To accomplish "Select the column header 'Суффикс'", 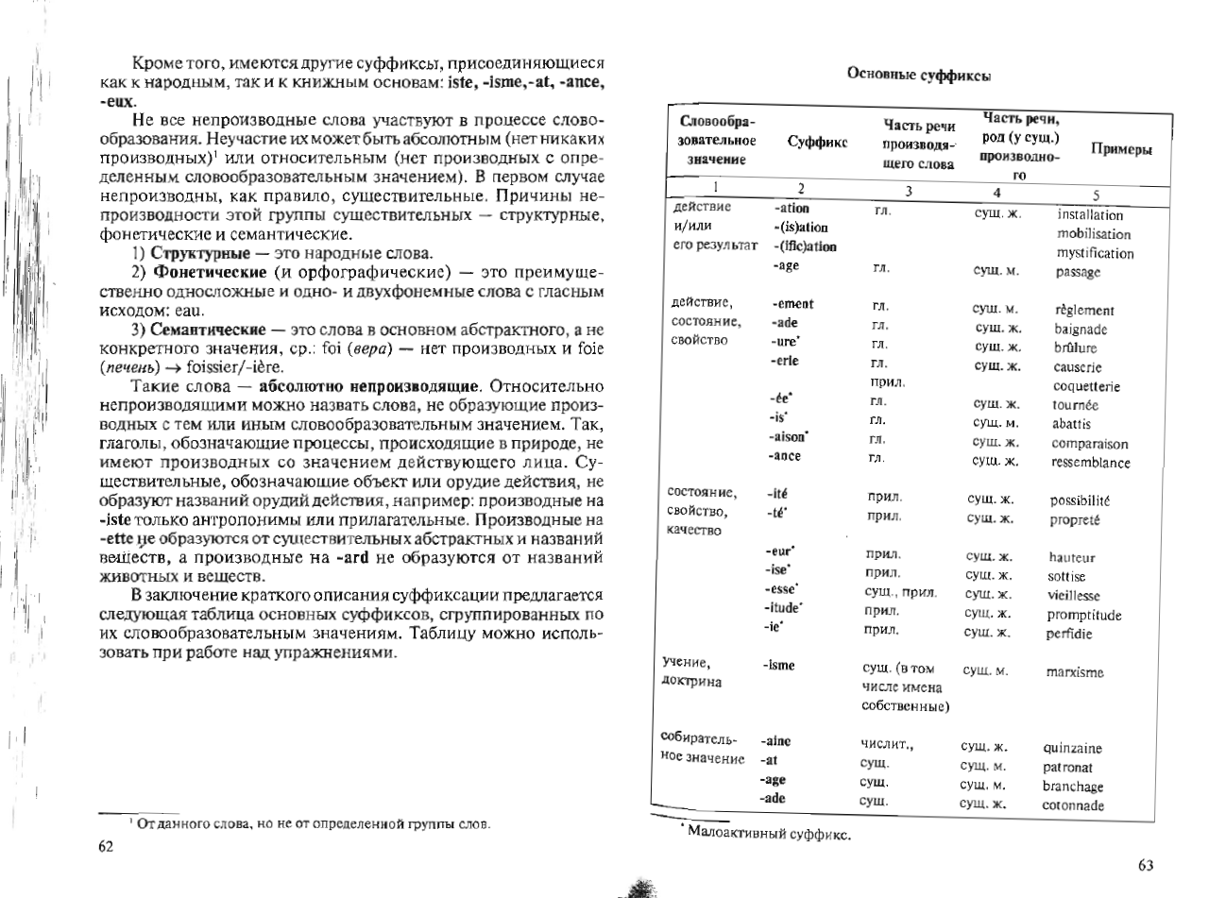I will tap(816, 142).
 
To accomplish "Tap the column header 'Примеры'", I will tap(1121, 150).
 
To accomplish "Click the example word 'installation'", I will tap(1090, 214).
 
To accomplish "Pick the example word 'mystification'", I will tap(1095, 253).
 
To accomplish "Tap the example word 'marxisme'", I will tap(1075, 672).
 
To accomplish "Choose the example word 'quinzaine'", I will tap(1072, 748).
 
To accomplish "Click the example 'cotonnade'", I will tap(1072, 805).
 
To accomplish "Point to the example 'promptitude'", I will tap(1084, 615).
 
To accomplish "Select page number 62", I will tap(106, 846).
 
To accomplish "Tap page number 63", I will tap(1147, 865).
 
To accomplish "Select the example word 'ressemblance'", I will tap(1090, 463).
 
